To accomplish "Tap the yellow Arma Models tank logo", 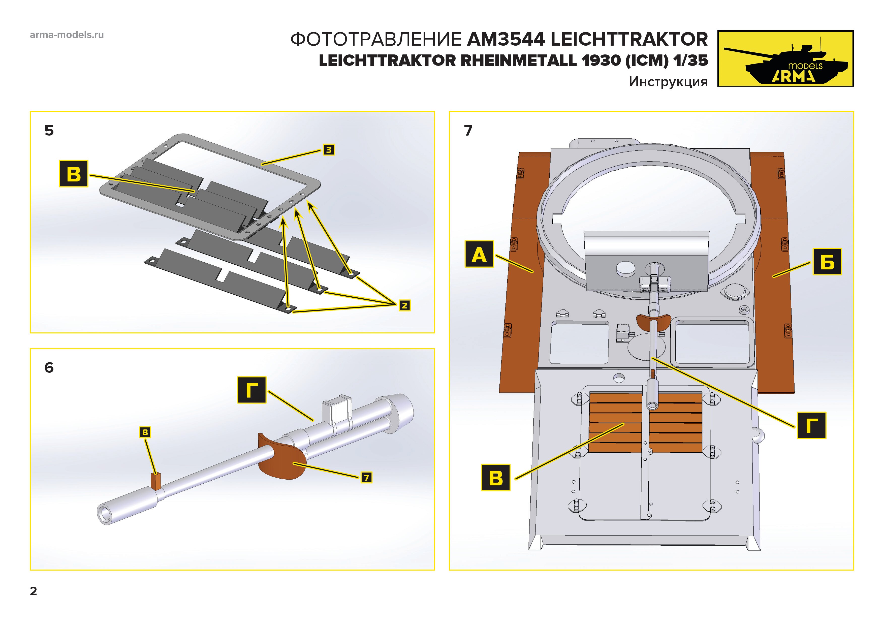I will tap(785, 58).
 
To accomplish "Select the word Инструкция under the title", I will tap(668, 82).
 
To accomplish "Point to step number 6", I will tap(49, 368).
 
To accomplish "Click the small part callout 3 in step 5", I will tap(328, 150).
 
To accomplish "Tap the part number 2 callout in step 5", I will tap(404, 305).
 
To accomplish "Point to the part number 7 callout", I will tap(366, 478).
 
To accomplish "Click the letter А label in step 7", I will tap(479, 254).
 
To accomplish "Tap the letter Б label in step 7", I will tap(827, 262).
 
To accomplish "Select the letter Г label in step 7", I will tap(811, 425).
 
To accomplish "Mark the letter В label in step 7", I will tap(495, 478).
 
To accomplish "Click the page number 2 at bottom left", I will tap(34, 591).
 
